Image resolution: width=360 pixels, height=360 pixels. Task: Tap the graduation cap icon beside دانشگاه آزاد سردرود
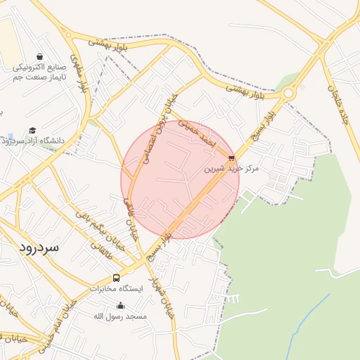tap(32, 130)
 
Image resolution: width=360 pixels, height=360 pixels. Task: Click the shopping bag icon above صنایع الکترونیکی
tap(39, 56)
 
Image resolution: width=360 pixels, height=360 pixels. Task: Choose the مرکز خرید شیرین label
tap(231, 169)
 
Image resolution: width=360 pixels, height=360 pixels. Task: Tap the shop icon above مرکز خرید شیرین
tap(231, 157)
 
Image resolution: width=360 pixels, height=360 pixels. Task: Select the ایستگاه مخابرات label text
tap(116, 288)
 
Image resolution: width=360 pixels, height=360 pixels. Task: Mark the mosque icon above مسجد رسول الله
tap(120, 306)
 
